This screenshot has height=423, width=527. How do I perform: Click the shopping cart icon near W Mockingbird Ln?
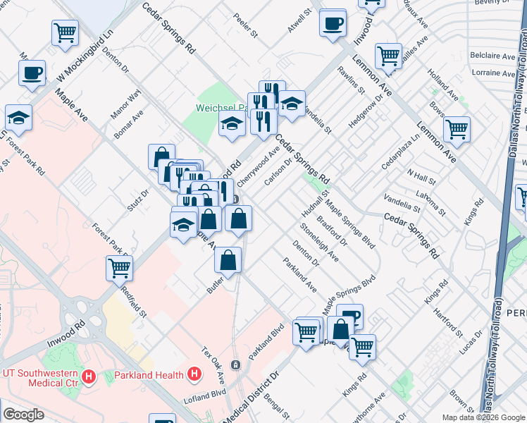65,32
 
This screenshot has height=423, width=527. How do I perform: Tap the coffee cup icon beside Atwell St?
333,23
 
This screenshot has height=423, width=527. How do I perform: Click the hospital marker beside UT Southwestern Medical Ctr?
89,376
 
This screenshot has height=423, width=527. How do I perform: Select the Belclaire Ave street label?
493,55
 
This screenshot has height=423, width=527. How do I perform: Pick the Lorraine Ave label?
493,73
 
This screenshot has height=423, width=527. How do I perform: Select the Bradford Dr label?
333,230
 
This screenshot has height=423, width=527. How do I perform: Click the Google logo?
24,415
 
